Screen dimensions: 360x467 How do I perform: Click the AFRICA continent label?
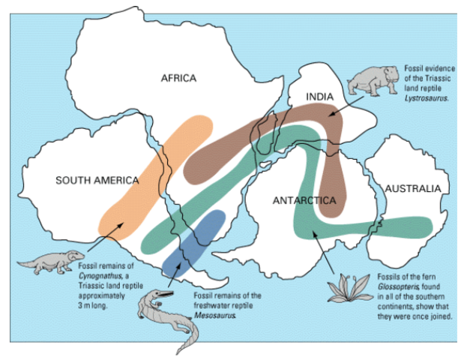pyautogui.click(x=178, y=78)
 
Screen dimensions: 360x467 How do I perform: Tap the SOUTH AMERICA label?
pyautogui.click(x=97, y=180)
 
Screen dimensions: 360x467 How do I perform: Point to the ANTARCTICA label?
pyautogui.click(x=304, y=200)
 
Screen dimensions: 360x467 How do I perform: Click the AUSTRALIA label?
pyautogui.click(x=412, y=189)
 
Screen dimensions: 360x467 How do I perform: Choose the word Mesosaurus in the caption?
pyautogui.click(x=215, y=315)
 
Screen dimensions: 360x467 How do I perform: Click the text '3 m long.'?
pyautogui.click(x=94, y=305)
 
